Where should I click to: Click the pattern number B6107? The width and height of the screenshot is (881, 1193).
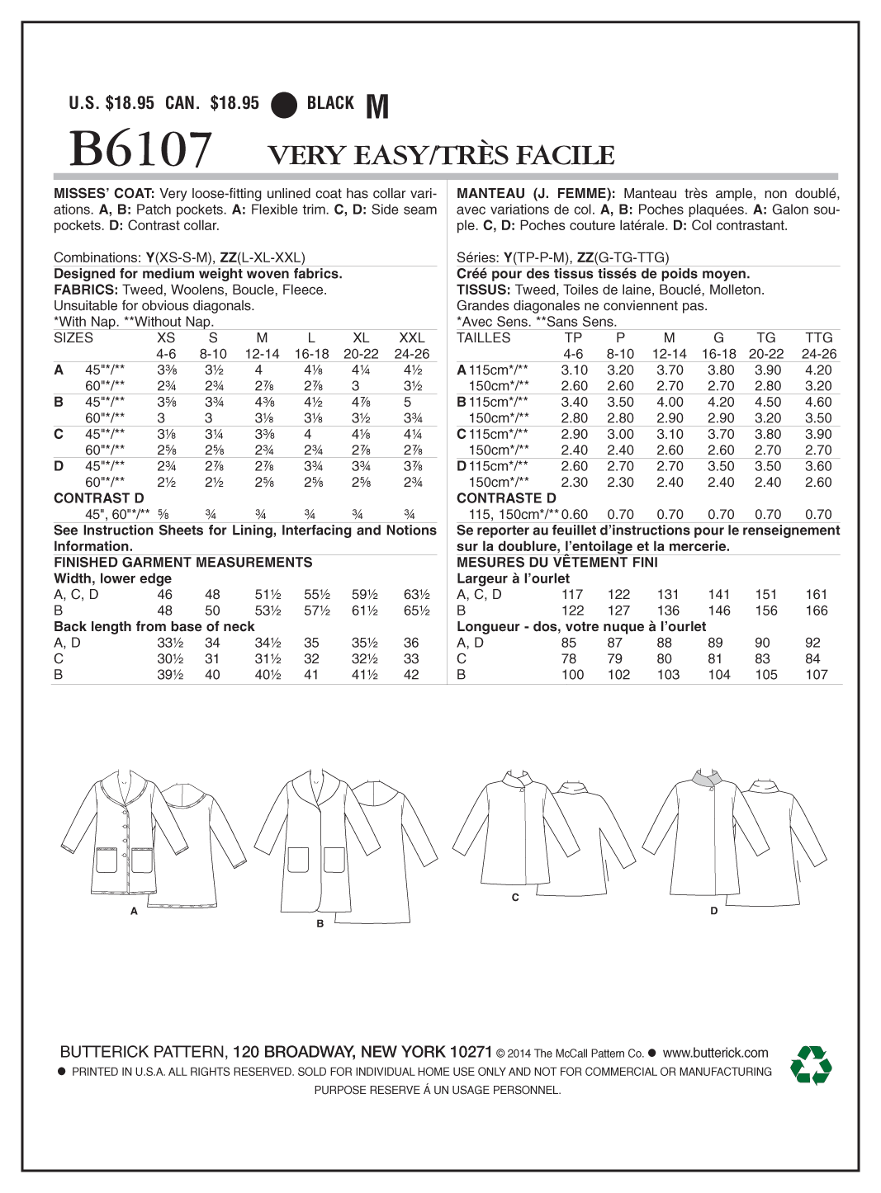pos(140,150)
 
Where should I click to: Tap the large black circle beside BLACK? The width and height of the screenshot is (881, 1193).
pos(285,104)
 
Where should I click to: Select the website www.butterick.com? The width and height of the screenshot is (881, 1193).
pos(715,1052)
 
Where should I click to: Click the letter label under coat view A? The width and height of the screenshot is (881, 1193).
pos(134,912)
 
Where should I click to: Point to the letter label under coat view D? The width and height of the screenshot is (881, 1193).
pos(713,911)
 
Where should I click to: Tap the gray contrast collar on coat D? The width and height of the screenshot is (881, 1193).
pos(708,779)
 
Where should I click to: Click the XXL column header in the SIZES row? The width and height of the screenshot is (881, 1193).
pos(411,337)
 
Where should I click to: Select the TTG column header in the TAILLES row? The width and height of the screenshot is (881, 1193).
pos(818,337)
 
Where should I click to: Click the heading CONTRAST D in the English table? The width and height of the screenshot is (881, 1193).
pos(98,498)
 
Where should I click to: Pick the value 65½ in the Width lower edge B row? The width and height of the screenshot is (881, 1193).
pos(416,611)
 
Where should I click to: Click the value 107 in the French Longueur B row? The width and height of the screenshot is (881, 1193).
pos(816,675)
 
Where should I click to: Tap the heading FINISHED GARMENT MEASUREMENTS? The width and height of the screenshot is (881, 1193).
pos(183,563)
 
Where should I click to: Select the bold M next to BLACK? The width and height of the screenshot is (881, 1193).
pos(377,106)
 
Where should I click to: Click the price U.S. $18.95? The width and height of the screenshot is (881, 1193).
pos(111,103)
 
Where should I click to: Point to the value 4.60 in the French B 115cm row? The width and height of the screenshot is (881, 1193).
pos(817,402)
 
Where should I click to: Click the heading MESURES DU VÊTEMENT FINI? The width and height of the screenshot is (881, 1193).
pos(557,563)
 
